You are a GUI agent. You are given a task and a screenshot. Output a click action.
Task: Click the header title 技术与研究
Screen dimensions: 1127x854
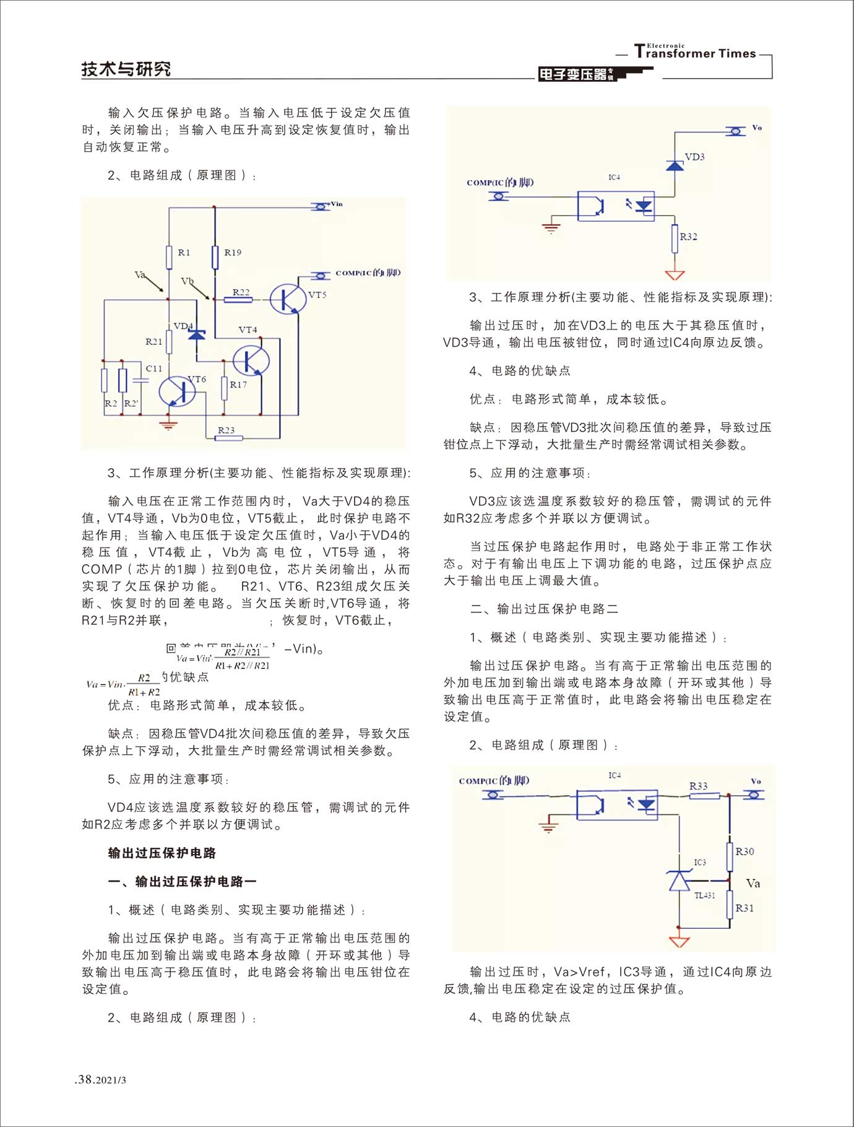point(126,69)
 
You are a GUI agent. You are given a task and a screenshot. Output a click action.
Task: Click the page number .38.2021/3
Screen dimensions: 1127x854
point(100,1079)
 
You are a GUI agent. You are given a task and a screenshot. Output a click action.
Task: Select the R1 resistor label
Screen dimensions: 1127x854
point(184,252)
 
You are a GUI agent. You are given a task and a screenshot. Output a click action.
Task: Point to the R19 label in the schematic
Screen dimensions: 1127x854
point(233,252)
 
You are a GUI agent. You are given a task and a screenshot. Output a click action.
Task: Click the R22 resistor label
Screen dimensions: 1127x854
point(241,292)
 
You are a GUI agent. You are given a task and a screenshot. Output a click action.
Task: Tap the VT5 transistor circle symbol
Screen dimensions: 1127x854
point(288,298)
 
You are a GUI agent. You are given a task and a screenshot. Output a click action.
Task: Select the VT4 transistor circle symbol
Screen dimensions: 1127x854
point(251,360)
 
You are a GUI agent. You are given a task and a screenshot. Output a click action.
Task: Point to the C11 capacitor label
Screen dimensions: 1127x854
point(153,368)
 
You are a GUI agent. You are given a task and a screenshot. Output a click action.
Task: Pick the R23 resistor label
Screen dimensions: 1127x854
point(226,429)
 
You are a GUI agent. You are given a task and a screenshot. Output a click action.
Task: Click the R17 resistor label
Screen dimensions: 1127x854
point(238,385)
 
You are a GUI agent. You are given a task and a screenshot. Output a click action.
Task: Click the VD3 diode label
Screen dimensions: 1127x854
point(694,157)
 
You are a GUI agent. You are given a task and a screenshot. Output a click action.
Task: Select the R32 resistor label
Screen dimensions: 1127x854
point(688,237)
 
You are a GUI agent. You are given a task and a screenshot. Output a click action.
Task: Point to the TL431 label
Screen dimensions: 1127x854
point(704,895)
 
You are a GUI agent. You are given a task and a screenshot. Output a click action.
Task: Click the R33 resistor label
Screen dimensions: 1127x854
point(698,786)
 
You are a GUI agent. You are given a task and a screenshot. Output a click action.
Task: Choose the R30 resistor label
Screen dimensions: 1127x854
point(744,851)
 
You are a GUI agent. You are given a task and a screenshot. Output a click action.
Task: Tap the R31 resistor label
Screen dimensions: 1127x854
point(744,908)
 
